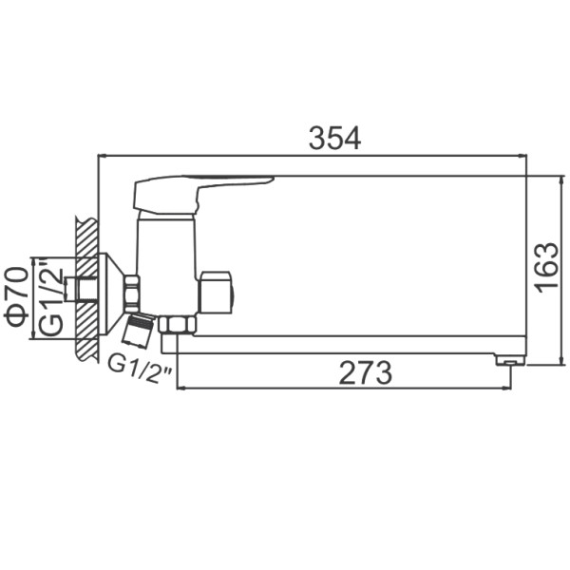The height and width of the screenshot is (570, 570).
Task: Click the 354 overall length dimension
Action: tap(334, 138)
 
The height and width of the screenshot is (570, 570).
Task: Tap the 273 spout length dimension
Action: tap(366, 372)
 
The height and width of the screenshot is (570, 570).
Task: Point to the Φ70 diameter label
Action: tap(15, 296)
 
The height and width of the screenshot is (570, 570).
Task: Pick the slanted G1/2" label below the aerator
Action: tap(140, 370)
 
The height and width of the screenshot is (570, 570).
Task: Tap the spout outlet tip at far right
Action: tap(510, 360)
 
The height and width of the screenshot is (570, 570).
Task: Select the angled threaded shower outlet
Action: tap(139, 330)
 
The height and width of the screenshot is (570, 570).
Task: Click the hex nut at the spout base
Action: tap(177, 325)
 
